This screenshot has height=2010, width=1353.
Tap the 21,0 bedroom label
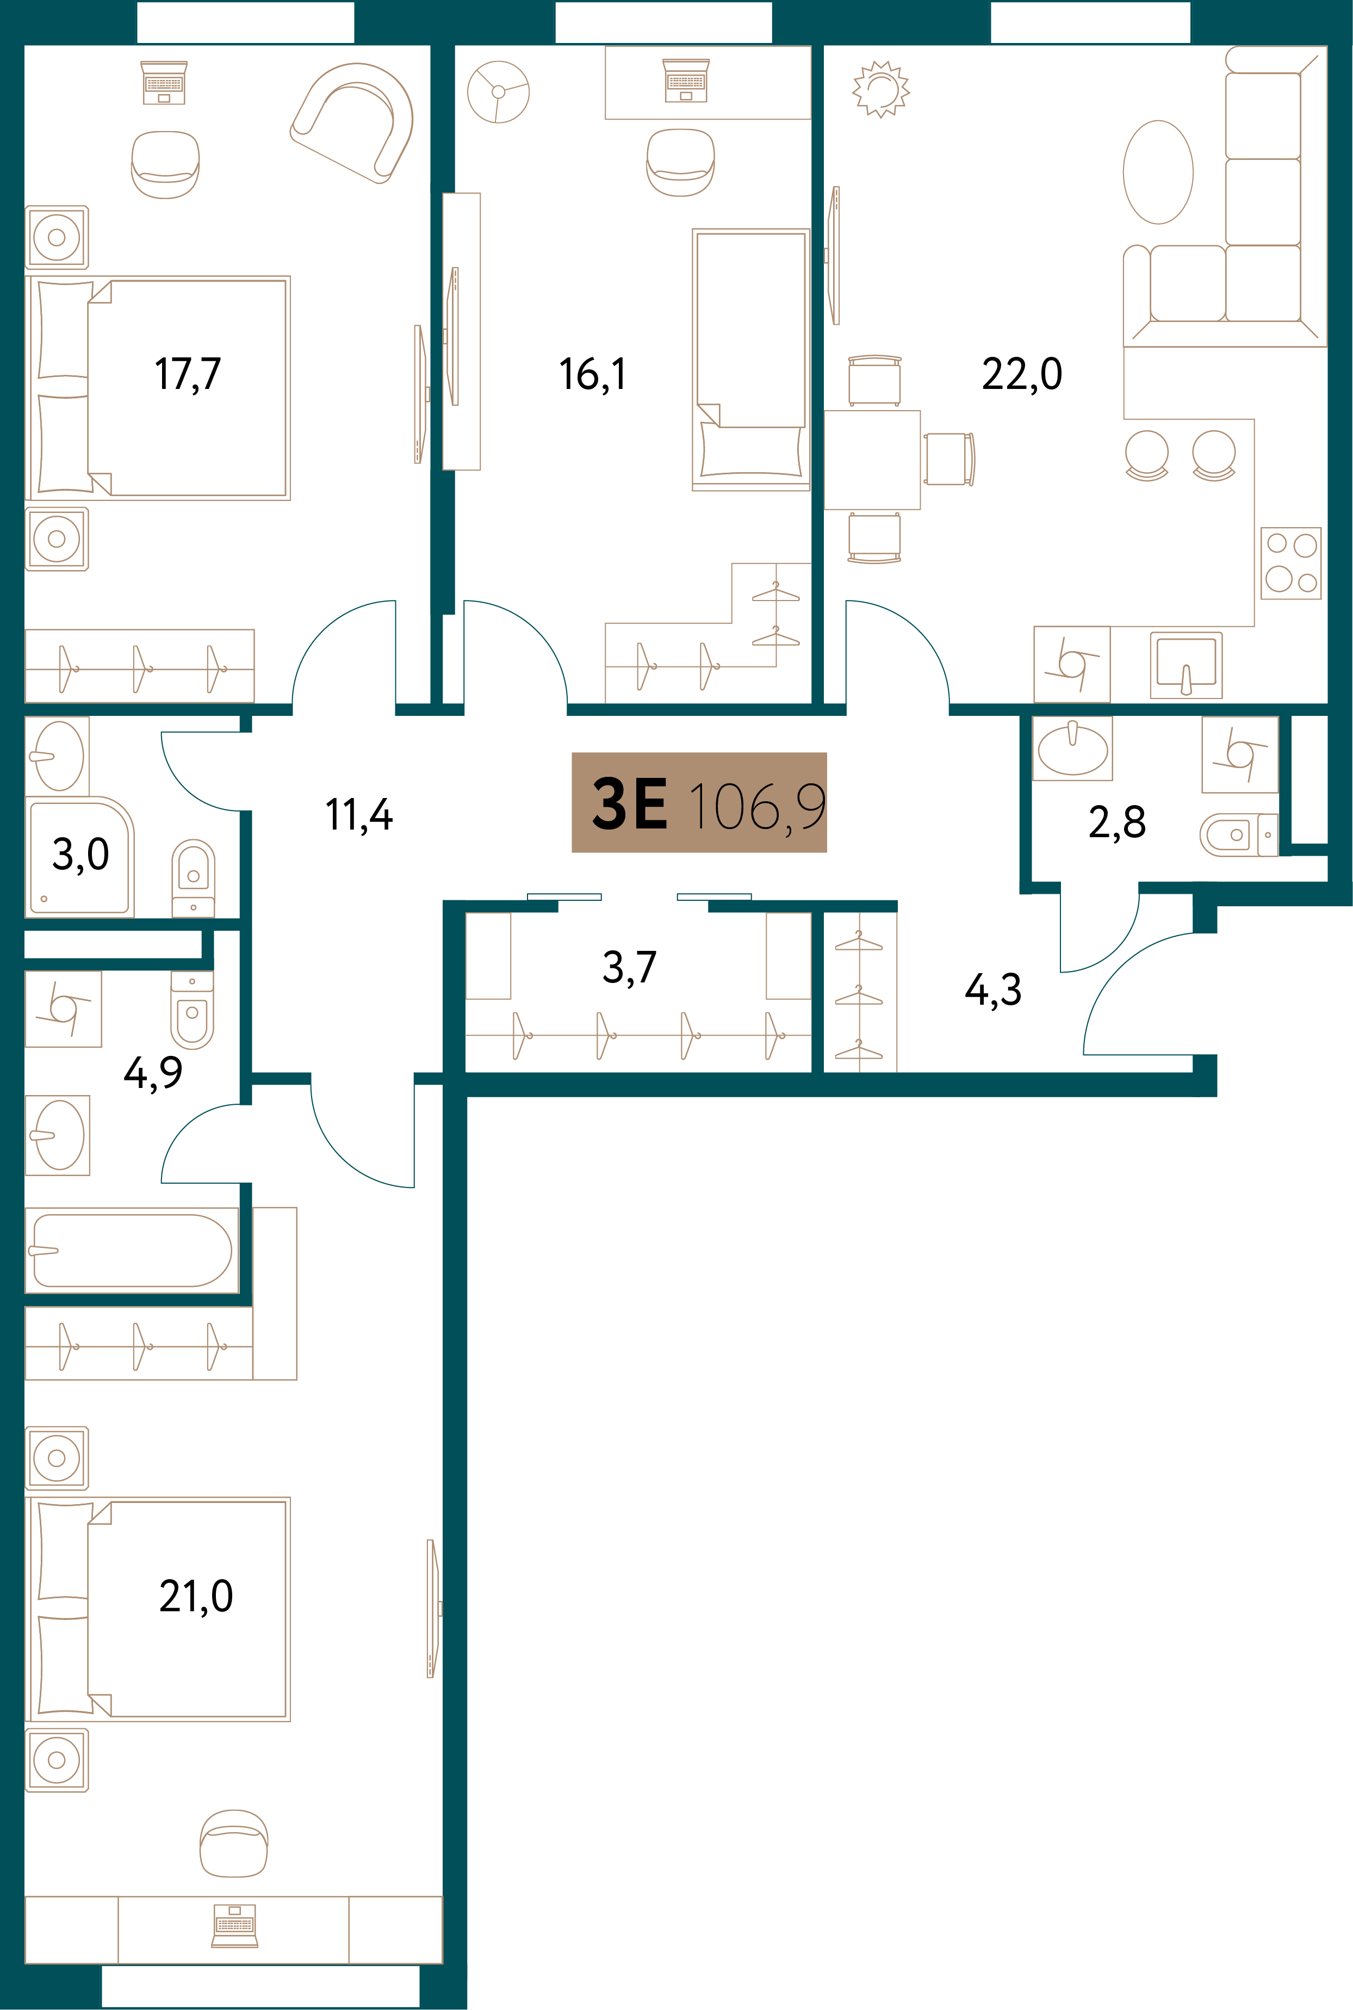point(196,1597)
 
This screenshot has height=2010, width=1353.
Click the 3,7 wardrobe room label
point(630,967)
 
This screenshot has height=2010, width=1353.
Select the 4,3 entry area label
point(993,990)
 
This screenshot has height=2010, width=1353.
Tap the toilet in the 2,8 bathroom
point(1238,834)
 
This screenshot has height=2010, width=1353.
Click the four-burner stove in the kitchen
point(1291,562)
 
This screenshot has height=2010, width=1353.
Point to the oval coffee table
point(1158,172)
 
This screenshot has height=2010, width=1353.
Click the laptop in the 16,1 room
point(686,81)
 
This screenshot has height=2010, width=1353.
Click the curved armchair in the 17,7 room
point(352,122)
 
